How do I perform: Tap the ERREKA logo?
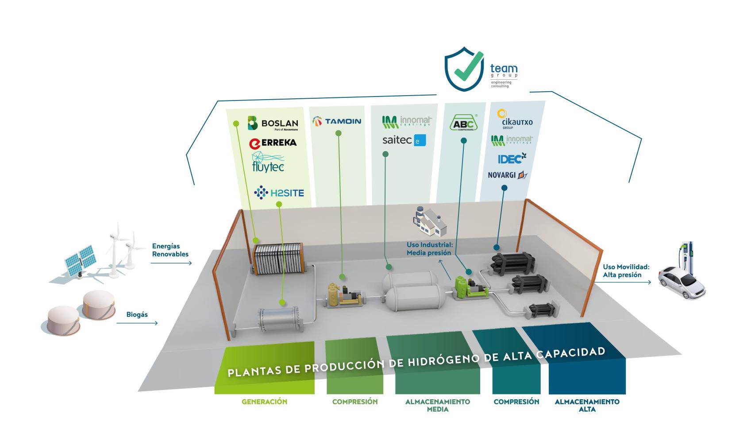(x=273, y=143)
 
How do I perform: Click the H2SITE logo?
(x=279, y=193)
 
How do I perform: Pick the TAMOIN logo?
(x=337, y=121)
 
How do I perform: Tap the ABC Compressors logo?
(x=463, y=123)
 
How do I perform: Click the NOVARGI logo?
(x=508, y=175)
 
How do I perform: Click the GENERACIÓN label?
(x=264, y=402)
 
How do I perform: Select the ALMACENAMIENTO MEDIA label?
(x=437, y=406)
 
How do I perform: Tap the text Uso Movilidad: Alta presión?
(x=626, y=271)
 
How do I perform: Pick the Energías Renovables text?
(x=170, y=250)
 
